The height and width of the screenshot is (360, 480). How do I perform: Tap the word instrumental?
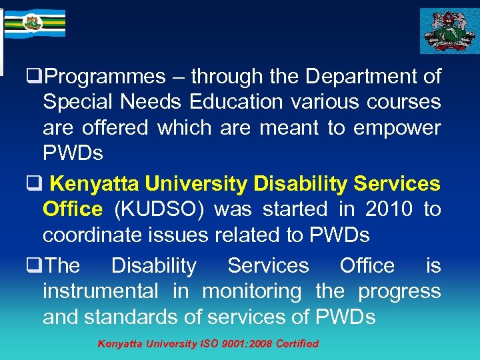coord(101,291)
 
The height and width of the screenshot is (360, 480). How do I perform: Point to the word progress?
coord(399,291)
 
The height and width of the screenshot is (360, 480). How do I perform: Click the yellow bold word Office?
coord(73,209)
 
